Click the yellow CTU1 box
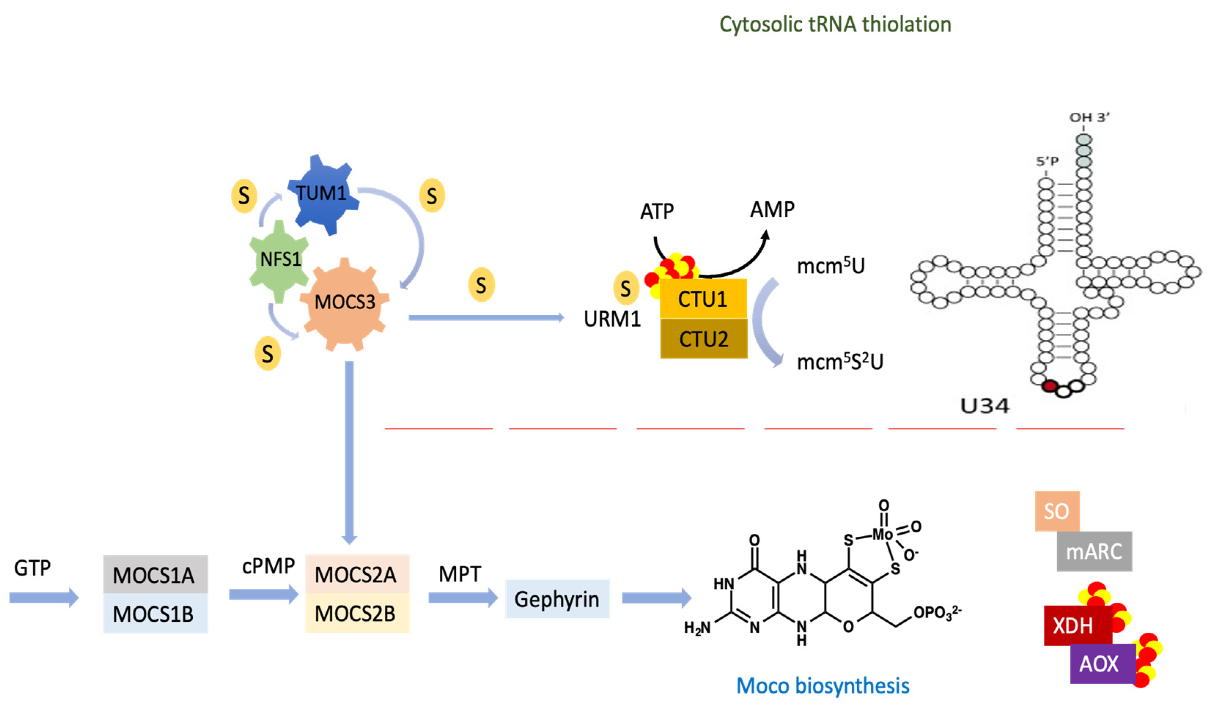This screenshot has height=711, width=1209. click(x=703, y=299)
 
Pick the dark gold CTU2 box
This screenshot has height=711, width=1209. click(x=703, y=339)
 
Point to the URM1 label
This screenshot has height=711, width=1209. click(x=612, y=319)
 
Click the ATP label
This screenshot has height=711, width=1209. click(x=657, y=211)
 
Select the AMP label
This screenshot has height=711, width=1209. click(x=772, y=209)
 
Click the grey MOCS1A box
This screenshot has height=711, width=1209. click(x=155, y=575)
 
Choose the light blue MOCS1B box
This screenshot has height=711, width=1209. click(x=155, y=614)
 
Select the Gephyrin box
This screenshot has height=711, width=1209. click(x=557, y=599)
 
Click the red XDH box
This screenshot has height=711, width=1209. click(x=1077, y=626)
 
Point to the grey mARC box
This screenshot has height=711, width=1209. click(x=1094, y=552)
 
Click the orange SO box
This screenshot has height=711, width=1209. click(x=1057, y=511)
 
